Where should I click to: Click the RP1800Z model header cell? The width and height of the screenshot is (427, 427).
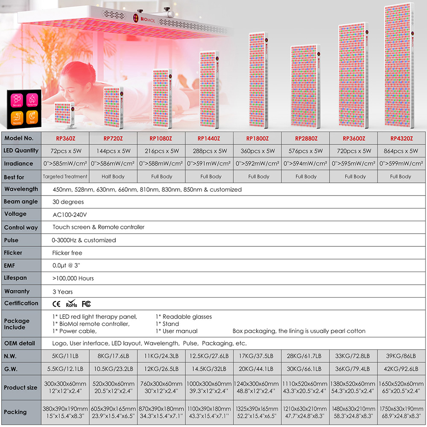click(x=257, y=138)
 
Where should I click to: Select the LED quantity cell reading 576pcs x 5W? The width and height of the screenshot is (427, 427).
click(x=305, y=151)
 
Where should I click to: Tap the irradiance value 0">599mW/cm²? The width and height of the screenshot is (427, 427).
click(x=401, y=164)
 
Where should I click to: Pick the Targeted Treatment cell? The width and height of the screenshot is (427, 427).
click(x=65, y=176)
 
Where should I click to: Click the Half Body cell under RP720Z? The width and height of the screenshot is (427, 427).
click(x=113, y=176)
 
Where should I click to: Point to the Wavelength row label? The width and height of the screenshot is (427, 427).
click(x=21, y=189)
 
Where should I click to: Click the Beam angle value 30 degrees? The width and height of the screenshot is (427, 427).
click(x=68, y=202)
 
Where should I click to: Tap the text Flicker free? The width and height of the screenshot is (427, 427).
click(x=67, y=253)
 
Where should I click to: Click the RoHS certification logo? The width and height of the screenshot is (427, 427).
click(x=71, y=304)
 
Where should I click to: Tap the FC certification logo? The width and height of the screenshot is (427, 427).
click(x=86, y=304)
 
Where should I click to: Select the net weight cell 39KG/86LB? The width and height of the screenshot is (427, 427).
click(x=401, y=356)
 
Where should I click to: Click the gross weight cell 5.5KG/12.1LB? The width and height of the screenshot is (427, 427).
click(x=65, y=369)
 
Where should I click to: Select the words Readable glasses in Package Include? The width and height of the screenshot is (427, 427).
click(x=187, y=317)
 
